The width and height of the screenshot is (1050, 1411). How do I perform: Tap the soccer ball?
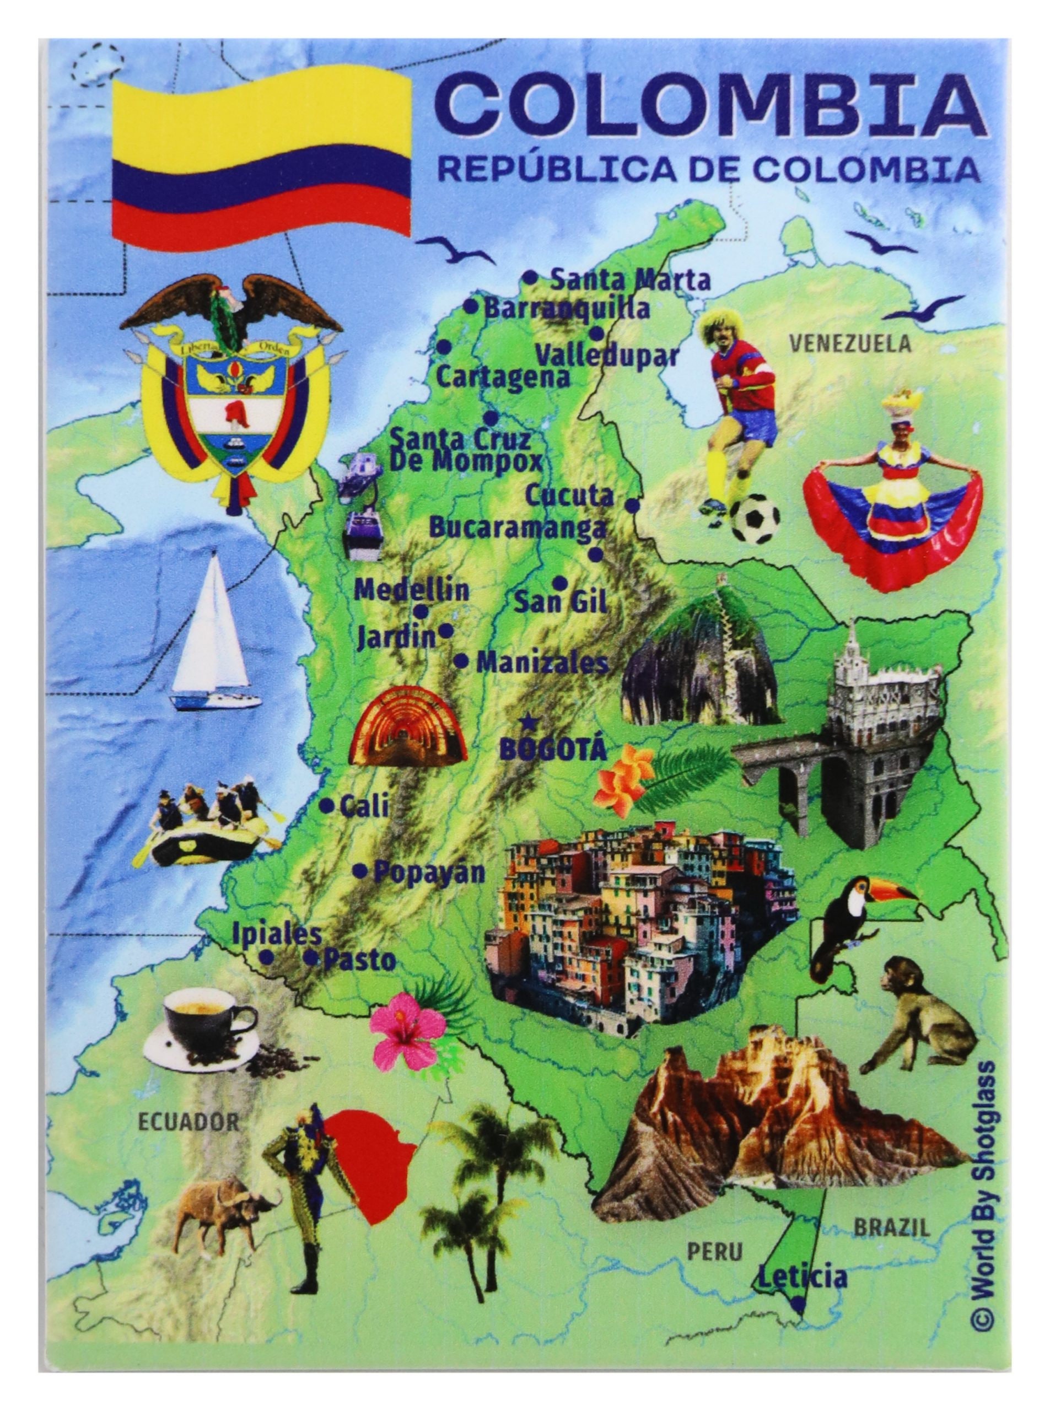pos(755,520)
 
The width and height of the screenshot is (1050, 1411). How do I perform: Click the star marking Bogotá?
pos(527,723)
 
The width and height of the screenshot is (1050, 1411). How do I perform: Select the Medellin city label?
pos(411,590)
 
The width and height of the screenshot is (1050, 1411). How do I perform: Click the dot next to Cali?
pos(326,806)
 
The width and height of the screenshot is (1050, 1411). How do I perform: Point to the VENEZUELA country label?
pos(850,344)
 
